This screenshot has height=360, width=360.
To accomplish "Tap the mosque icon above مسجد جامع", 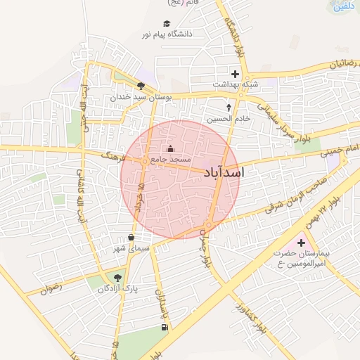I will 170,149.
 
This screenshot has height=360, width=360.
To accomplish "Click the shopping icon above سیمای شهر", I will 131,238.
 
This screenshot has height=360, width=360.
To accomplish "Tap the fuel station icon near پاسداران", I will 164,326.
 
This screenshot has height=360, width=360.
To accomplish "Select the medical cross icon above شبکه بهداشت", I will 234,74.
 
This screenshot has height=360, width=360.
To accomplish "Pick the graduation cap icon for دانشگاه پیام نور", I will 166,24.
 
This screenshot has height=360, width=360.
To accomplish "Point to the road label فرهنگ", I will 112,155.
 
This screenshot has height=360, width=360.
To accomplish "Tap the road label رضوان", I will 51,288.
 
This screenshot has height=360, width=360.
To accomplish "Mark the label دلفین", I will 342,6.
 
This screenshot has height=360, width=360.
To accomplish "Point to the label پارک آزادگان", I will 118,289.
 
